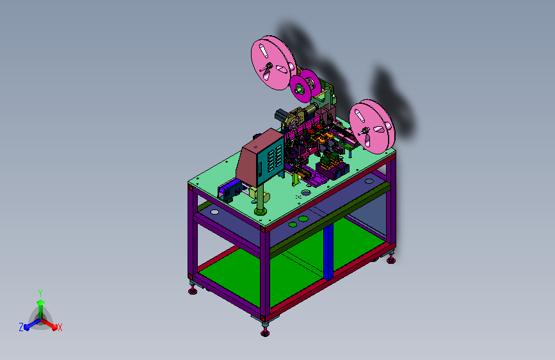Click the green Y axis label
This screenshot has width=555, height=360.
(40, 293)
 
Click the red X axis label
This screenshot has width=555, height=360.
(60, 327)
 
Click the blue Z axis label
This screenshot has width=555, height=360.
(21, 327)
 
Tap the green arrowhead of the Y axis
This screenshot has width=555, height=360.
(40, 302)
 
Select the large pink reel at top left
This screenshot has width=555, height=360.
(273, 62)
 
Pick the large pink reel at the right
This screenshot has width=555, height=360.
(372, 126)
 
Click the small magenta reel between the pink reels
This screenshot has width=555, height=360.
(305, 85)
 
